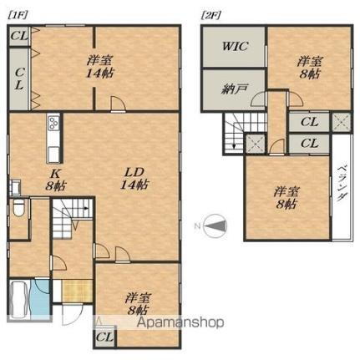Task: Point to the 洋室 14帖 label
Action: click(x=99, y=66)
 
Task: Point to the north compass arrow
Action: click(x=215, y=224)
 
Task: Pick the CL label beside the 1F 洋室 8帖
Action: click(x=105, y=338)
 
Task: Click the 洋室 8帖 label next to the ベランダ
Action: click(x=285, y=199)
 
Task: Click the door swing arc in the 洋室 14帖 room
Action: click(x=119, y=103)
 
